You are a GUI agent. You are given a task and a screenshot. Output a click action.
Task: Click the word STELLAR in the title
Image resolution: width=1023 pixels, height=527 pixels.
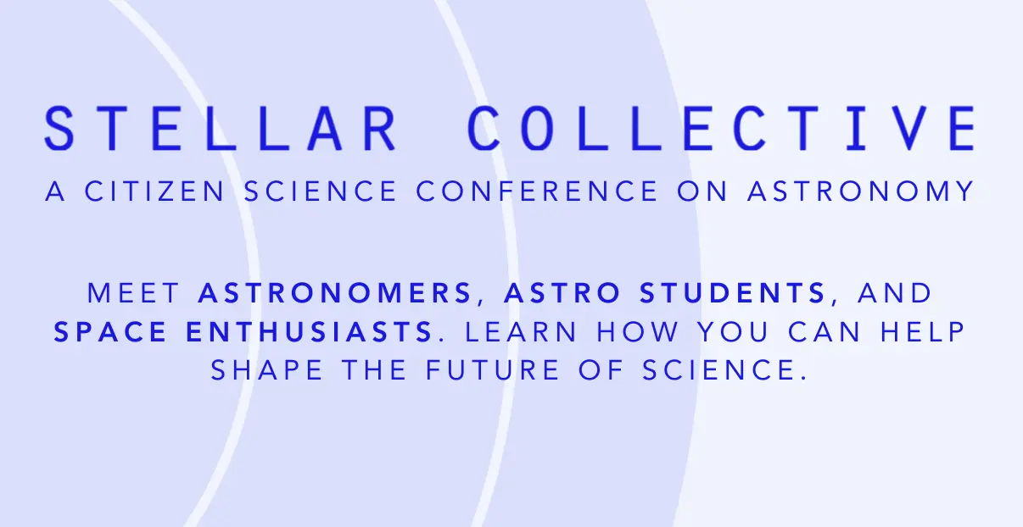[x=221, y=128]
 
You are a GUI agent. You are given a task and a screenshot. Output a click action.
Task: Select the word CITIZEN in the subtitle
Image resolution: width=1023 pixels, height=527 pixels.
[x=155, y=191]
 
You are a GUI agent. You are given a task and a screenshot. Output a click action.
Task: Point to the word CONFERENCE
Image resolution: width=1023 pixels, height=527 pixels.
[x=537, y=191]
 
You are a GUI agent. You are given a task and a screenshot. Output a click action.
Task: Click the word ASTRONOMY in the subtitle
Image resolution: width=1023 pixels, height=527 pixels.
[x=861, y=191]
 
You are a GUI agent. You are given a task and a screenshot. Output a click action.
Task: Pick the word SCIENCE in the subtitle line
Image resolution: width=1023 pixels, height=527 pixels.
[x=320, y=191]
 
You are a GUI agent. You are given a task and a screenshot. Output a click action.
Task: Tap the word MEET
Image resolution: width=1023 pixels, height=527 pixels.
[x=134, y=293]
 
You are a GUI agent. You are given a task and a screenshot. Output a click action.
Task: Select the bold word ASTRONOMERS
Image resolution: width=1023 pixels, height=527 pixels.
[x=335, y=293]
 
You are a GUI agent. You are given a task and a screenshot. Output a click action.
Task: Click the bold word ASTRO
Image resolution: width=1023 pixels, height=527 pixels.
[x=562, y=293]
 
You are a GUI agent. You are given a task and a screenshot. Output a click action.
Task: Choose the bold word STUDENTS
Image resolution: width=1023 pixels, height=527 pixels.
[x=733, y=293]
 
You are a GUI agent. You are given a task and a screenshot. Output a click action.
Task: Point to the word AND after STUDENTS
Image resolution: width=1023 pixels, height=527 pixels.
[x=894, y=293]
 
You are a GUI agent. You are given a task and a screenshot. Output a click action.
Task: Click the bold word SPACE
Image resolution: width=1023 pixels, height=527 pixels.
[x=110, y=332]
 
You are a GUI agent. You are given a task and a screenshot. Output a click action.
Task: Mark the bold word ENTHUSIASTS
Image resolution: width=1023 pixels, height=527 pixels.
[x=309, y=332]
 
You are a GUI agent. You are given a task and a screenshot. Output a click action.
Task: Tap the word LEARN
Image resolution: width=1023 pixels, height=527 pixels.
[x=521, y=332]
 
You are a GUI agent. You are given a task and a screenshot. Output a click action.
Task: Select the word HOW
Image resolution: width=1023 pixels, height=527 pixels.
[x=638, y=332]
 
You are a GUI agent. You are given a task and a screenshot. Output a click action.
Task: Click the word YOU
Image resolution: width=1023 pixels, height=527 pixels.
[x=734, y=332]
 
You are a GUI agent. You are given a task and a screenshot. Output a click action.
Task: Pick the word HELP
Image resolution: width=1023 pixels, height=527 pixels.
[x=923, y=332]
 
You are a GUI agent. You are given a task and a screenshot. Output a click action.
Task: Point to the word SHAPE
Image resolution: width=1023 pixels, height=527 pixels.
[x=266, y=370]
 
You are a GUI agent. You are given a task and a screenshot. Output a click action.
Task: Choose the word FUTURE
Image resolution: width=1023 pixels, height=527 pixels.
[x=492, y=370]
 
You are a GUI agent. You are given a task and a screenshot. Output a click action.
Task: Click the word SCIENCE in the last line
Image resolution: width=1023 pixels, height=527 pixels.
[x=720, y=370]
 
